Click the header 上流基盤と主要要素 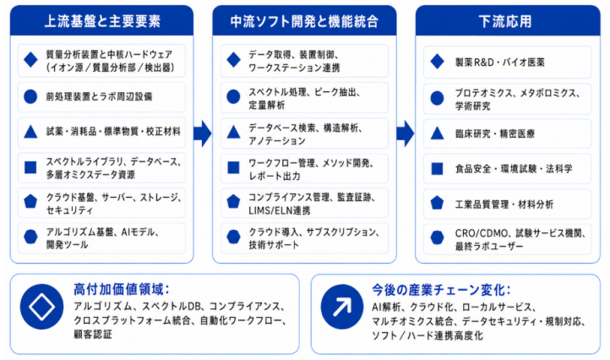pyautogui.click(x=102, y=21)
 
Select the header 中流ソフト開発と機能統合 pyautogui.click(x=304, y=21)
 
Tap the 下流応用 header pyautogui.click(x=505, y=21)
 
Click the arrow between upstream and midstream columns pyautogui.click(x=202, y=134)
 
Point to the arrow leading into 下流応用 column pyautogui.click(x=406, y=134)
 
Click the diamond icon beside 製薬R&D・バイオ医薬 pyautogui.click(x=438, y=62)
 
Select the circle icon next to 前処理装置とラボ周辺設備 pyautogui.click(x=30, y=96)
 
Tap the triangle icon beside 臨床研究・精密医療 pyautogui.click(x=438, y=134)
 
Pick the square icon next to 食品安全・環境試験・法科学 pyautogui.click(x=438, y=168)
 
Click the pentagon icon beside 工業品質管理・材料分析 pyautogui.click(x=438, y=203)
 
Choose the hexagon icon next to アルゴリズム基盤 pyautogui.click(x=30, y=237)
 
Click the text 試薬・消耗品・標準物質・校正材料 pyautogui.click(x=113, y=132)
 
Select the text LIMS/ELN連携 pyautogui.click(x=280, y=210)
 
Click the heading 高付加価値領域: pyautogui.click(x=122, y=290)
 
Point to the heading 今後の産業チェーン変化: pyautogui.click(x=441, y=290)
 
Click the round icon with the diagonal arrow pyautogui.click(x=342, y=307)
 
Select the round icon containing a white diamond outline pyautogui.click(x=41, y=307)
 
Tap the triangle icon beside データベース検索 pyautogui.click(x=233, y=133)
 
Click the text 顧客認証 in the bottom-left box pyautogui.click(x=93, y=335)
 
